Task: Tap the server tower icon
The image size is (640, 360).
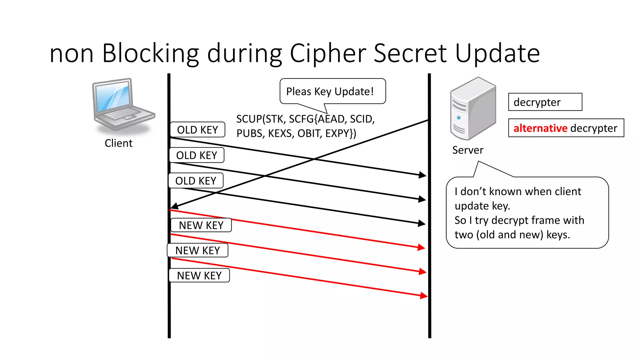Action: coord(472,109)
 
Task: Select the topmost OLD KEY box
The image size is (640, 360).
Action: coord(197,130)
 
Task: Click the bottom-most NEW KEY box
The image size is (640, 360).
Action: coord(199,276)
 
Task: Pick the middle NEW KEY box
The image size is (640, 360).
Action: coord(197,250)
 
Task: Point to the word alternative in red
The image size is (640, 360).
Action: coord(540,128)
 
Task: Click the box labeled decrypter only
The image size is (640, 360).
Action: coord(545,102)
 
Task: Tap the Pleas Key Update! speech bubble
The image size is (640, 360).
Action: coord(332,91)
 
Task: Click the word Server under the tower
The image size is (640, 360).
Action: coord(467,150)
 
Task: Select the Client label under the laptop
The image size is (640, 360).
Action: coord(118,143)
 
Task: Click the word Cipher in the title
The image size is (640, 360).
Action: coord(328,53)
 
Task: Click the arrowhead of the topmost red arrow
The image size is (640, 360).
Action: coord(422,247)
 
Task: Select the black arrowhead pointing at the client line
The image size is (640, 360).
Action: coord(174,206)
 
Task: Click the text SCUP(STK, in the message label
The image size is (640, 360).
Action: coord(261,119)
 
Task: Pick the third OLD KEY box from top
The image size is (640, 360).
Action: coord(196,181)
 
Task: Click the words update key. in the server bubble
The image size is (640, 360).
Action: coord(482,206)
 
